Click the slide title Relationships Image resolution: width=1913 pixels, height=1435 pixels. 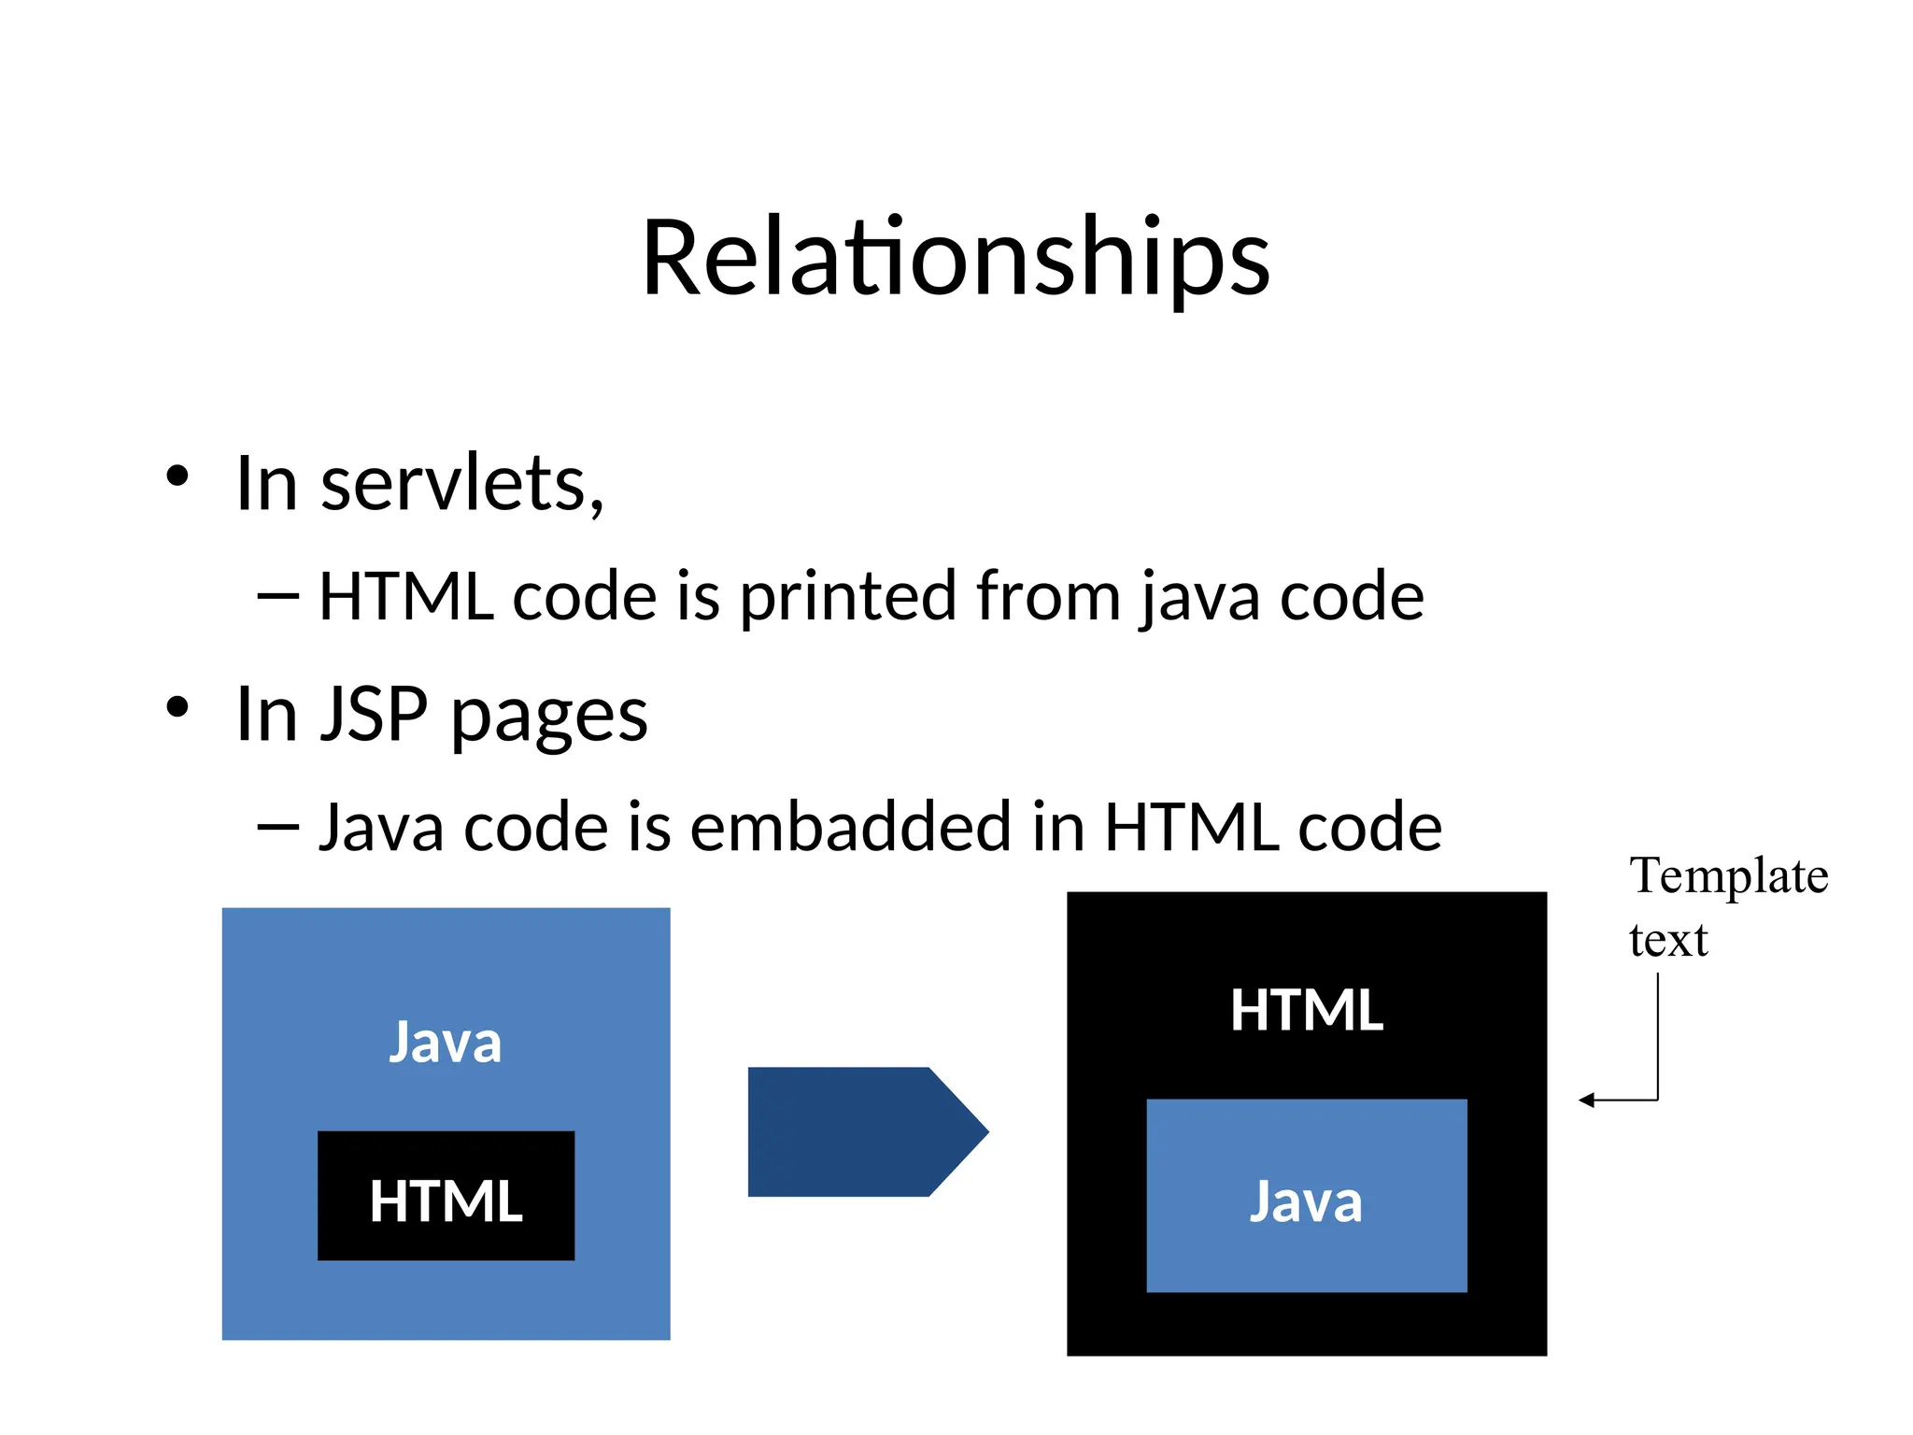[956, 257]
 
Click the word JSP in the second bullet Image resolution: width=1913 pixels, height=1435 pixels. [374, 715]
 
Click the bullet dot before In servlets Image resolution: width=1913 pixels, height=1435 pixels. [177, 477]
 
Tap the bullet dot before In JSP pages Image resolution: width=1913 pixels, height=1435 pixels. [177, 708]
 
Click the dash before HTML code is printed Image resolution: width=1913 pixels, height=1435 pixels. [278, 596]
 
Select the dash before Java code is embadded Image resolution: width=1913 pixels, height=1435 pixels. [278, 827]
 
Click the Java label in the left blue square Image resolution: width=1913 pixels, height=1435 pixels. [446, 1043]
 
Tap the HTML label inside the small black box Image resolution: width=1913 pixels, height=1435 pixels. [446, 1201]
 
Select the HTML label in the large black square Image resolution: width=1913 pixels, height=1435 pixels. [1306, 1011]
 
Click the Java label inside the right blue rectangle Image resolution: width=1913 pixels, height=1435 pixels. [1306, 1201]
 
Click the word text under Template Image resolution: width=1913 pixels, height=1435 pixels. [1668, 940]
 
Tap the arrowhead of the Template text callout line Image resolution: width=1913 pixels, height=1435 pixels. [1585, 1101]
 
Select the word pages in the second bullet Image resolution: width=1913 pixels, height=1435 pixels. [549, 717]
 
